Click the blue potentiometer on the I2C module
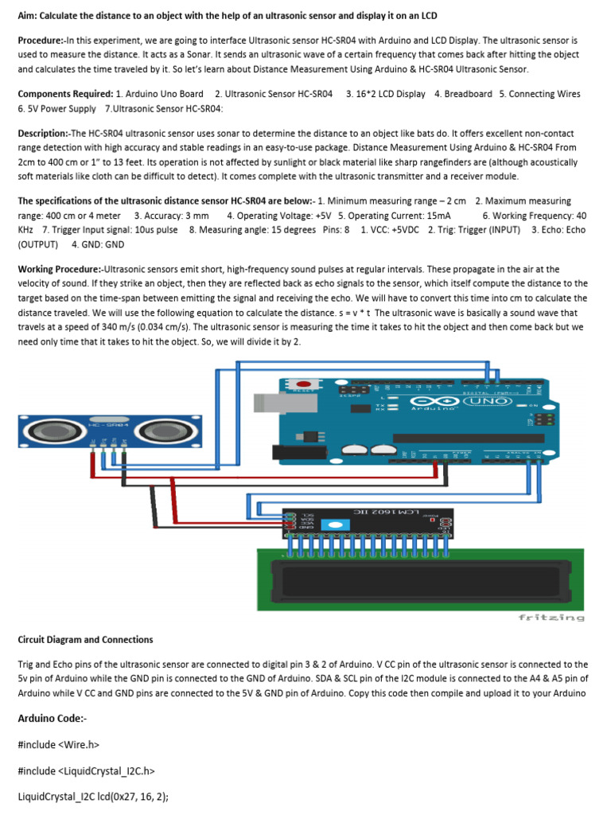[x=337, y=525]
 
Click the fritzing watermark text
[x=551, y=617]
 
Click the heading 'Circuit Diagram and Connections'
[x=85, y=639]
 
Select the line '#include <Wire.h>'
[x=59, y=744]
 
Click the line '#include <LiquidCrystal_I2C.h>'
[x=85, y=770]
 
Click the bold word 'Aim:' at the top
[x=28, y=16]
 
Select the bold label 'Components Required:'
[x=65, y=94]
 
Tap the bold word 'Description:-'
[x=45, y=134]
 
